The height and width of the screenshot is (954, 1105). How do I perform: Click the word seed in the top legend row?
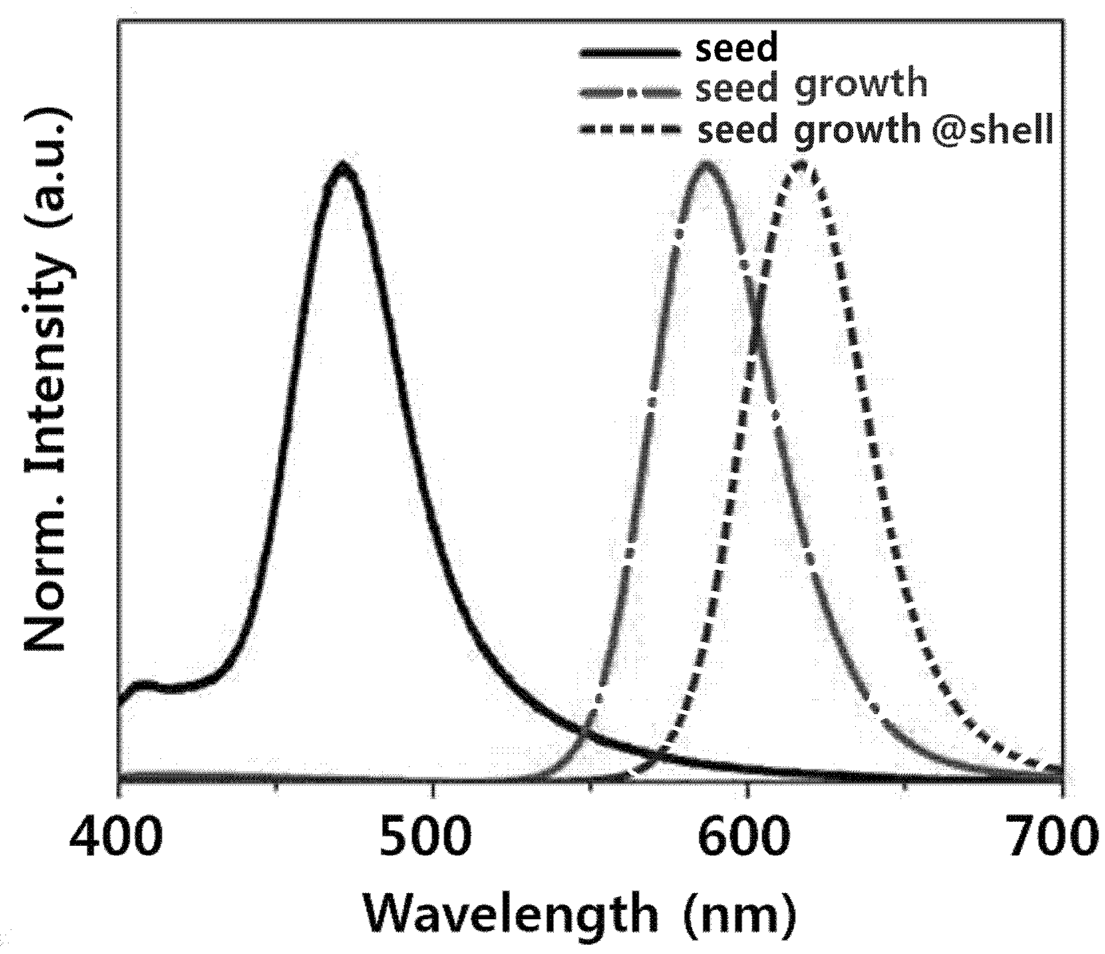tap(737, 49)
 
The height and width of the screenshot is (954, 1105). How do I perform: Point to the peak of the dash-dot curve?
tap(705, 165)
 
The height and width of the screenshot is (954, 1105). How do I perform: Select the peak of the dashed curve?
tap(801, 165)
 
